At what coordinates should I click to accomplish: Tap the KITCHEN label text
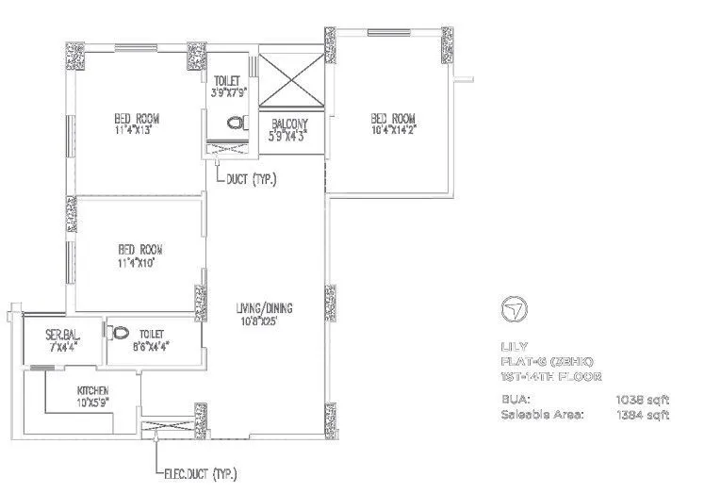point(92,391)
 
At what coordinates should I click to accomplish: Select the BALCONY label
point(287,124)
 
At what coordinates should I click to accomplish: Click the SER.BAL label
point(61,334)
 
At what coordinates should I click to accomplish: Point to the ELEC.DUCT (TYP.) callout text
point(198,473)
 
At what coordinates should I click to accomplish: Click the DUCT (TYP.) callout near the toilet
point(252,178)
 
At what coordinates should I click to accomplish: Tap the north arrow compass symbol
point(517,308)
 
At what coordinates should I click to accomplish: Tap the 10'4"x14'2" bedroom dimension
point(393,131)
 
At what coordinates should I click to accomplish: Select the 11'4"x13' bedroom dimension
point(136,131)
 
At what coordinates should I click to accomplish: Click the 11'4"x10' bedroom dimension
point(138,263)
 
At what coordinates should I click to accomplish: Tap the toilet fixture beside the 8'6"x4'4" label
point(119,334)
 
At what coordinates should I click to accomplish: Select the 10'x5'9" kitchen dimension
point(92,403)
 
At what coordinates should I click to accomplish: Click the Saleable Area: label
point(542,414)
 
